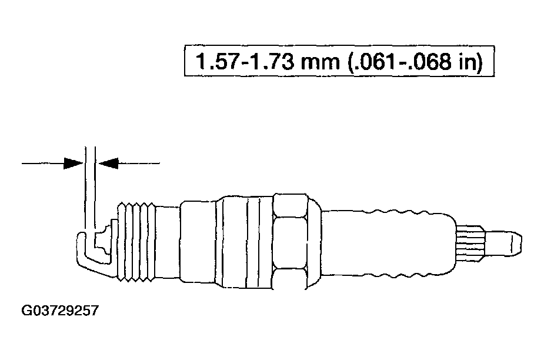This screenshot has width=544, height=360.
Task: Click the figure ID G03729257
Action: click(x=59, y=309)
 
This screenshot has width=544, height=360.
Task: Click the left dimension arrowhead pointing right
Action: click(x=73, y=163)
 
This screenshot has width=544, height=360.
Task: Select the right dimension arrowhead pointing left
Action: click(x=109, y=163)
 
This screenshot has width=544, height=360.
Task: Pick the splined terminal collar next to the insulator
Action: click(x=470, y=241)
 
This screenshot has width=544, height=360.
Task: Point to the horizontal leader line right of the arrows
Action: click(x=139, y=163)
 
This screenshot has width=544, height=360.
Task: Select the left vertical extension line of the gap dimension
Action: click(x=86, y=188)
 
